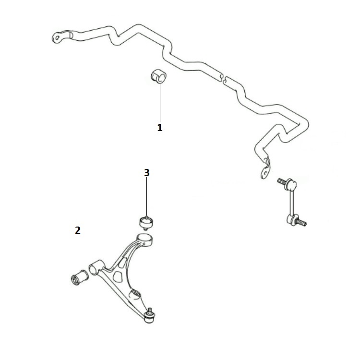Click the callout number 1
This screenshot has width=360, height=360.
[160, 127]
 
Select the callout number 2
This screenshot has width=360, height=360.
[78, 230]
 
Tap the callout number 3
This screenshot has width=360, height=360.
[147, 173]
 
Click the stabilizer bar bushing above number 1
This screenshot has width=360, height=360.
[159, 76]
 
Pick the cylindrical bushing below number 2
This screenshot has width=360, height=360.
[79, 277]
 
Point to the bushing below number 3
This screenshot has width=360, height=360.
[146, 222]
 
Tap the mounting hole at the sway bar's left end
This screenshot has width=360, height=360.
[58, 37]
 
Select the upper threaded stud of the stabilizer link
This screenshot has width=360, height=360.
[282, 182]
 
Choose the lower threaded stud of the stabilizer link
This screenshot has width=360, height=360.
[301, 222]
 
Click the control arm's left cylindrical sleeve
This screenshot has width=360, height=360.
[96, 267]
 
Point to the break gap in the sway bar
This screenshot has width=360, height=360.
[224, 78]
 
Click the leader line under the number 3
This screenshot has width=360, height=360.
[147, 197]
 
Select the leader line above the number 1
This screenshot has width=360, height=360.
[160, 103]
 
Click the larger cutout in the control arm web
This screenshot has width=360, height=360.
[118, 276]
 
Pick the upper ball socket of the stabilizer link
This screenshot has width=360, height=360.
[291, 185]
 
